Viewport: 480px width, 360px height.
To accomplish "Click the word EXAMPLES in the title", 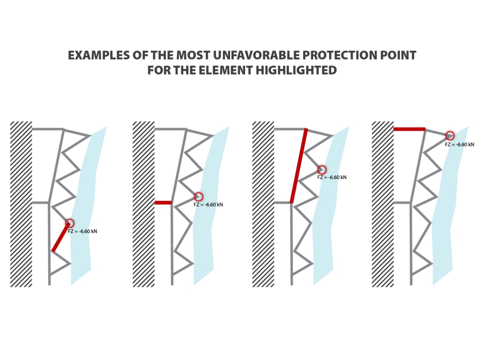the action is tap(99, 55).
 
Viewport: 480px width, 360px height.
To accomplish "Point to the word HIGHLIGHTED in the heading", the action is tap(296, 70).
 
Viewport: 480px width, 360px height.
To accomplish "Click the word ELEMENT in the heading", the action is tap(226, 70).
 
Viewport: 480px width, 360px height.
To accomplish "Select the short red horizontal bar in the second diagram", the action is tap(163, 202).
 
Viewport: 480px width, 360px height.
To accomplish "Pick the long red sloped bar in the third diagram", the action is tap(299, 165).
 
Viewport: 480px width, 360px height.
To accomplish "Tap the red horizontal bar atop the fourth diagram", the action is tap(409, 129).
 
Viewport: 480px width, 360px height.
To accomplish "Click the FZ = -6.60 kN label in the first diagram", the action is tap(82, 232).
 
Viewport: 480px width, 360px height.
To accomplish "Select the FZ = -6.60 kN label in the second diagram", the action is tap(208, 204).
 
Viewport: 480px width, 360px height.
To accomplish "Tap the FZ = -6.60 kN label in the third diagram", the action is tap(332, 177).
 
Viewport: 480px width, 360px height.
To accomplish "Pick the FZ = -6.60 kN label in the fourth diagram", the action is tap(459, 144).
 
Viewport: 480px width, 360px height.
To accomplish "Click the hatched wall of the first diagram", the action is tap(21, 204).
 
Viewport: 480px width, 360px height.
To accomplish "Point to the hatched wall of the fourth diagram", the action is tap(382, 204).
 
